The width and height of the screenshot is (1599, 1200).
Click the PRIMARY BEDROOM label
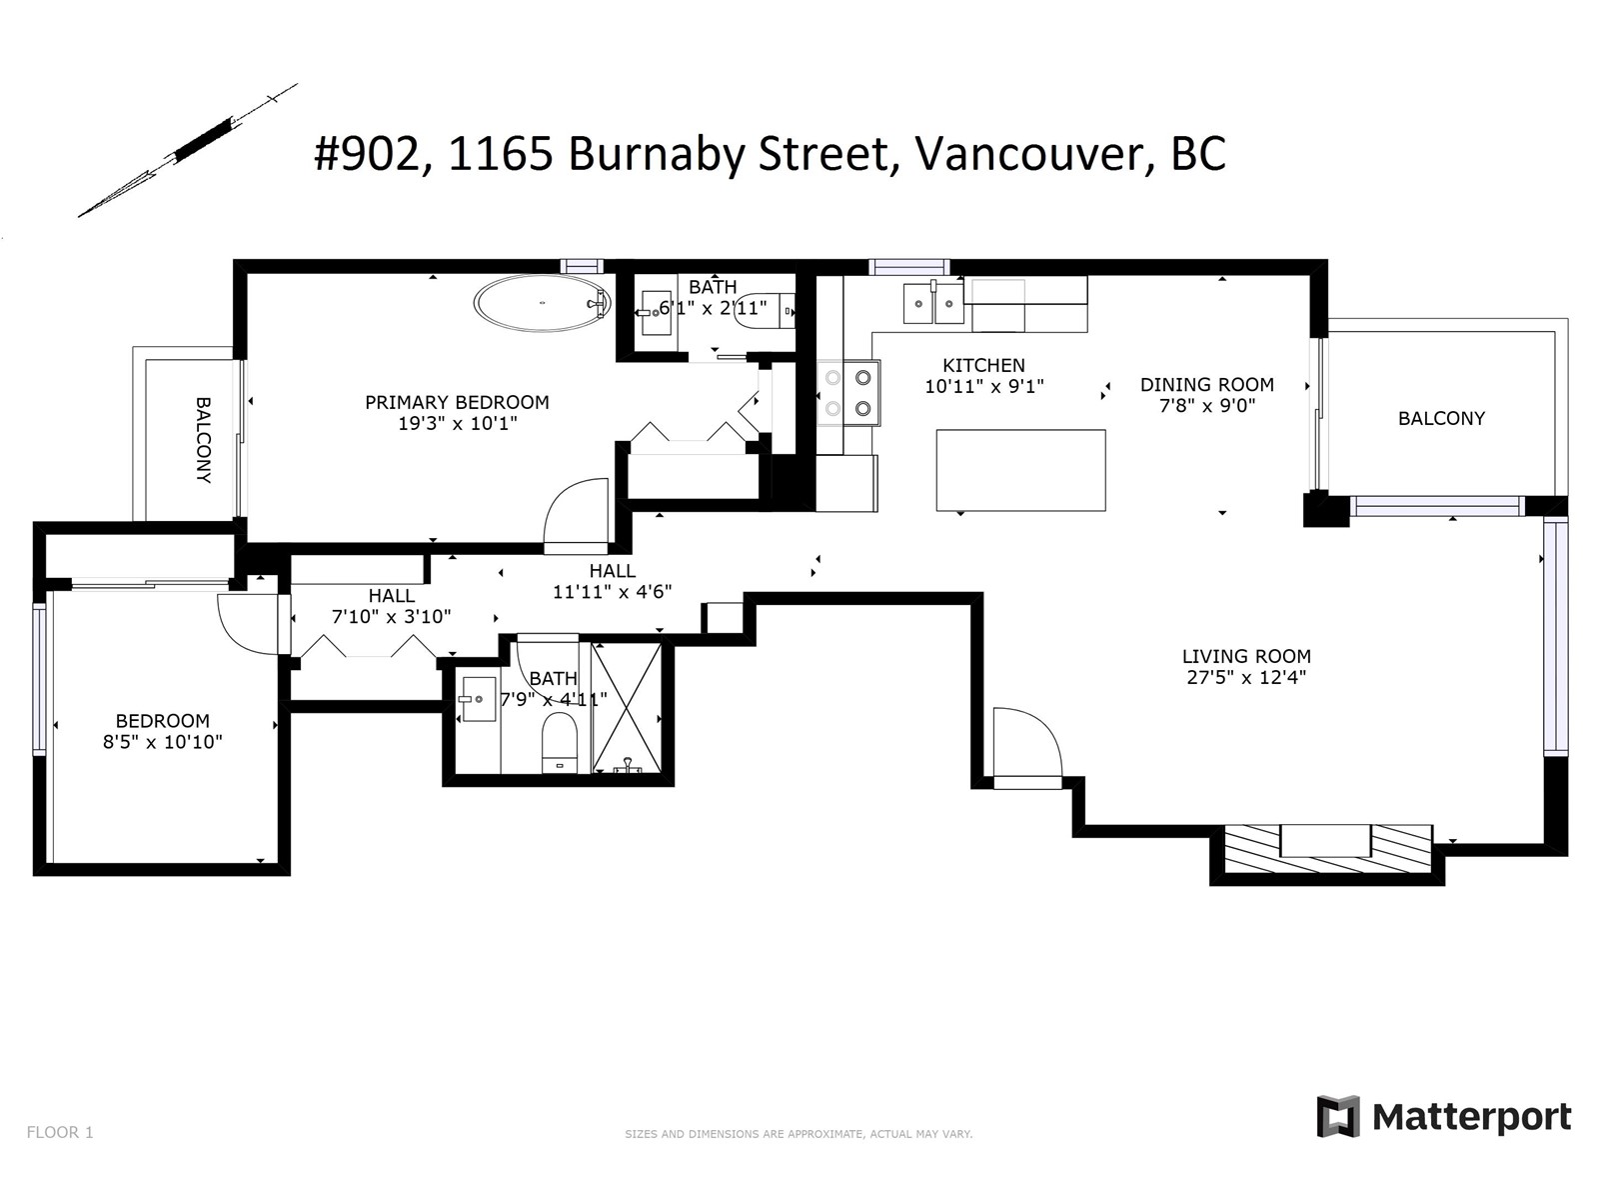457,402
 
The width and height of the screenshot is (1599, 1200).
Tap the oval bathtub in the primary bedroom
543,303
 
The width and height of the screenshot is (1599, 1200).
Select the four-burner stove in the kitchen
847,393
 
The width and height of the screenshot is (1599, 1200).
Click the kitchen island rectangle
1020,470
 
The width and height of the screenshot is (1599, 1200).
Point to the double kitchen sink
933,304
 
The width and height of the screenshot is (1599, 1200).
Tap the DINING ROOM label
1207,385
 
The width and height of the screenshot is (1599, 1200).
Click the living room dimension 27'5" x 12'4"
1246,678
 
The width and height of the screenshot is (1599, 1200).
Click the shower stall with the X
628,707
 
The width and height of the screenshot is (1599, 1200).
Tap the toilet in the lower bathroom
560,742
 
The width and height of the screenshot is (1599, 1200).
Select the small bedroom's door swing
249,624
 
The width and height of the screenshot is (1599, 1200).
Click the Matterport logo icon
1338,1115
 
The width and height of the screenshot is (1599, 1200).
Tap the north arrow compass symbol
188,150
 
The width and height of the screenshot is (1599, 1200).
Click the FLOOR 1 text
60,1132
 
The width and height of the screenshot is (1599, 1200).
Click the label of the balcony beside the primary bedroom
203,440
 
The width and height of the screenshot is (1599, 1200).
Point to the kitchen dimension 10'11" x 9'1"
984,386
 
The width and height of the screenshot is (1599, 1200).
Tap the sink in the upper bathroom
657,313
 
